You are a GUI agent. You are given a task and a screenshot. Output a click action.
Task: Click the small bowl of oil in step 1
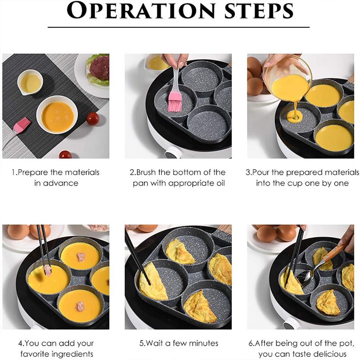pos(30,82)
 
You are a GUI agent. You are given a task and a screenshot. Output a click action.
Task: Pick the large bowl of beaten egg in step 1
pos(57,115)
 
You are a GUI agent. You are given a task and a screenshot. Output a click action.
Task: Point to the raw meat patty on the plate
pos(99,68)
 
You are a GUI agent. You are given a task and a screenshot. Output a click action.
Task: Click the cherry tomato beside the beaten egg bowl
pos(93,119)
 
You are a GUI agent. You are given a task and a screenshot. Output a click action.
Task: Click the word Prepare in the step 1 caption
pos(34,172)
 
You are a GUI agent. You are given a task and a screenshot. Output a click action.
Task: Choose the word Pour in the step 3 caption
pos(265,172)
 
